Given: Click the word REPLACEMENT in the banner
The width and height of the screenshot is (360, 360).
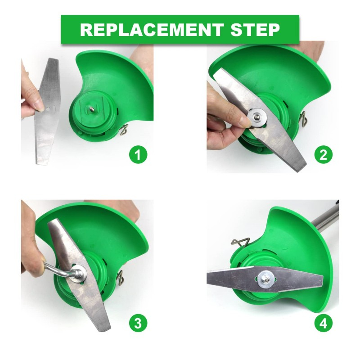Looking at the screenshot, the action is point(152,30).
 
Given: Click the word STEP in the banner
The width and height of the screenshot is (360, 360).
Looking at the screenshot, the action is point(255,30).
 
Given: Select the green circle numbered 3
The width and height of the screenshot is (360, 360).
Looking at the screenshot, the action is point(138,323).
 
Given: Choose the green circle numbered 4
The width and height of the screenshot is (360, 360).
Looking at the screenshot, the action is point(323,323).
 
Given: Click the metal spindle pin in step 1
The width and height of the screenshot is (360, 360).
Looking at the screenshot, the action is point(92,109).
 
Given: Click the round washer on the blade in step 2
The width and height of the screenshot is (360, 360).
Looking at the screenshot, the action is point(258,118).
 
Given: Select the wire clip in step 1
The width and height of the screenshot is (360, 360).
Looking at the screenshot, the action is point(124,130).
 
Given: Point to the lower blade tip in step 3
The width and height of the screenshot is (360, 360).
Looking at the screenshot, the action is point(105,329).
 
